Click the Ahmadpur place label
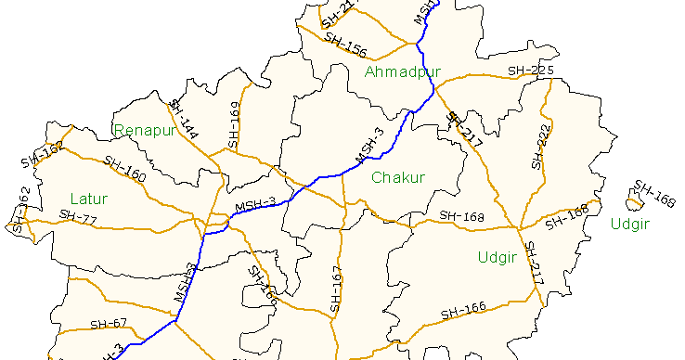point(402,71)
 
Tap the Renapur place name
point(145,130)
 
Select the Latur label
point(88,199)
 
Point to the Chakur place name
point(397,177)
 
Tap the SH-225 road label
point(531,71)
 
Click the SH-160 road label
point(125,169)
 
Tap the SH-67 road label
point(109,324)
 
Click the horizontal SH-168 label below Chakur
point(462,216)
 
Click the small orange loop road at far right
point(636,201)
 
